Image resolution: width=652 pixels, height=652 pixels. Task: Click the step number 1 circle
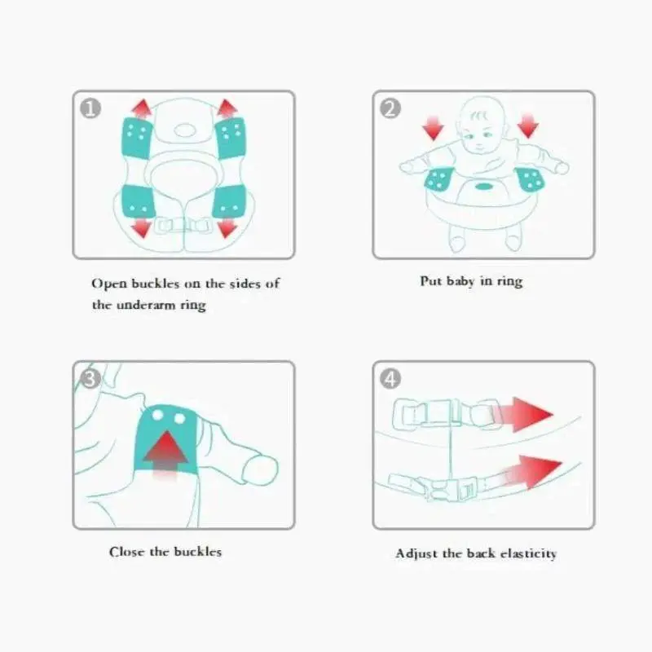click(90, 108)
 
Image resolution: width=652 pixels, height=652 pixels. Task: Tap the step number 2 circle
click(391, 108)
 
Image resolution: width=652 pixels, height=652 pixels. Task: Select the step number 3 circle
click(90, 378)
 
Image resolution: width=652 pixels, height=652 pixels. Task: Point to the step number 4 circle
click(391, 378)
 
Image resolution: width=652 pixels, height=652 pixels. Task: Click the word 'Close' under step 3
click(126, 552)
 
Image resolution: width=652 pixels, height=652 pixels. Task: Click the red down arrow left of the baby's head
click(433, 126)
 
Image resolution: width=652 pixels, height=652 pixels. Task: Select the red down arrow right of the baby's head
click(528, 126)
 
